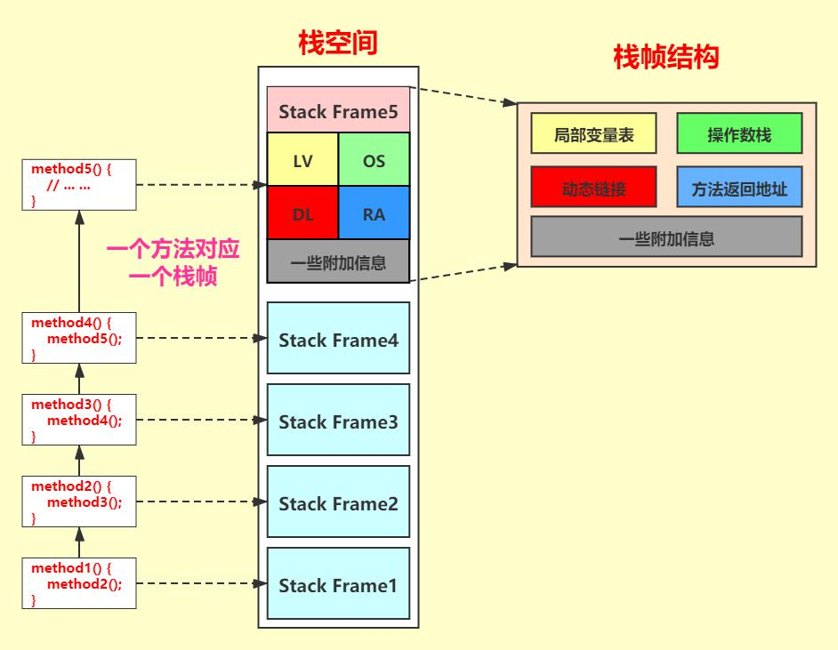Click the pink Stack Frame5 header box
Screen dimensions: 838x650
pyautogui.click(x=338, y=109)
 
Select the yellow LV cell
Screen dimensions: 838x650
pyautogui.click(x=302, y=159)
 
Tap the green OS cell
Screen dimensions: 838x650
pyautogui.click(x=375, y=159)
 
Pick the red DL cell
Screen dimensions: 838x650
pyautogui.click(x=302, y=213)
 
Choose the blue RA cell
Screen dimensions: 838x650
pyautogui.click(x=375, y=213)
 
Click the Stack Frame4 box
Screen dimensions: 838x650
pyautogui.click(x=338, y=338)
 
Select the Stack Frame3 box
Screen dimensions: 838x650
pyautogui.click(x=338, y=420)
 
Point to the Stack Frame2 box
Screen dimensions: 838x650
pyautogui.click(x=338, y=502)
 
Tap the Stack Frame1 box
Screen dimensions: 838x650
pyautogui.click(x=338, y=583)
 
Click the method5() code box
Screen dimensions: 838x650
pyautogui.click(x=79, y=185)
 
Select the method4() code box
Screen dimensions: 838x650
pyautogui.click(x=79, y=338)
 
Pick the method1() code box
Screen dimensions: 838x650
pyautogui.click(x=79, y=583)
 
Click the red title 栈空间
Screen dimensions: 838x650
pyautogui.click(x=338, y=43)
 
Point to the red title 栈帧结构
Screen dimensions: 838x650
pyautogui.click(x=666, y=57)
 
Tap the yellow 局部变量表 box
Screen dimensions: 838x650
pyautogui.click(x=593, y=133)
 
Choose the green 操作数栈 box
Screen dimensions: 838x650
pyautogui.click(x=739, y=133)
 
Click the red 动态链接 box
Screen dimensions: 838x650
pyautogui.click(x=593, y=187)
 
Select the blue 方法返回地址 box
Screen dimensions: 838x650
pyautogui.click(x=739, y=187)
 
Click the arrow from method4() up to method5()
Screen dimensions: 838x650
pyautogui.click(x=80, y=261)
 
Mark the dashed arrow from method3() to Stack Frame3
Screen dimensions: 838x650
pyautogui.click(x=202, y=420)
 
